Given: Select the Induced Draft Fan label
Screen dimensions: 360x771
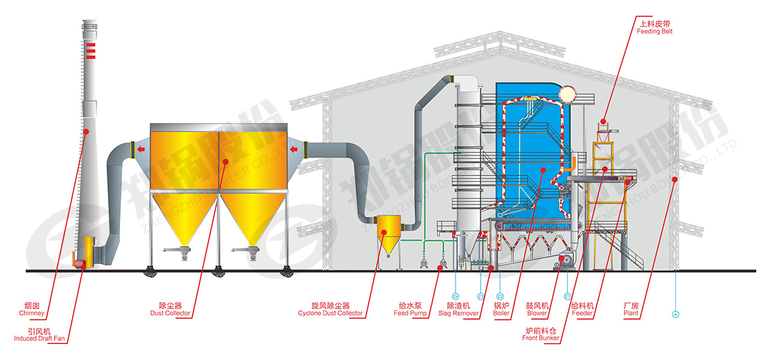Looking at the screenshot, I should coord(39,334).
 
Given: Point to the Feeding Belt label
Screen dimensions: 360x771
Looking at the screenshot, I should coord(655,27).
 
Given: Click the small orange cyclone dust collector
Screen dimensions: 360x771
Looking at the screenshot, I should coord(389,231).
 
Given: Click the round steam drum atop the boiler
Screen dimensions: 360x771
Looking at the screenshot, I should coord(567,94).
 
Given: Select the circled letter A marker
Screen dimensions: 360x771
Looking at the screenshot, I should coord(675,315).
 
